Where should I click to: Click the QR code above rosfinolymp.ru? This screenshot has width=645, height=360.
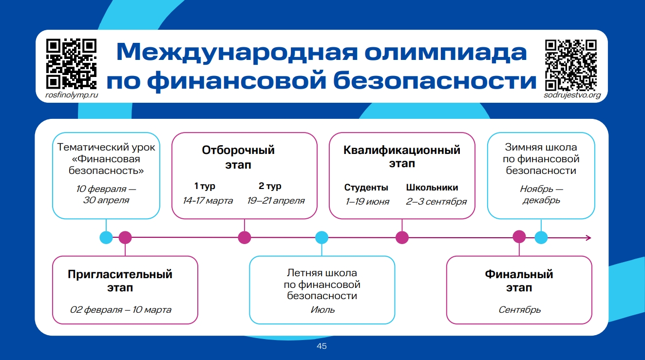coord(71,63)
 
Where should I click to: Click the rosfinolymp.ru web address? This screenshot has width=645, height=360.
coord(71,95)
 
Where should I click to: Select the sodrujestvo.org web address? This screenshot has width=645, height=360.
coord(572,95)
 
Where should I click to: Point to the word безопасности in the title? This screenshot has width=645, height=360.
coord(431,81)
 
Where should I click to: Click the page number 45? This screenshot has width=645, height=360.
coord(322,346)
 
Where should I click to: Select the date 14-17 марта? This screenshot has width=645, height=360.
coord(208,201)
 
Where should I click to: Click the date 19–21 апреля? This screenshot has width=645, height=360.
coord(276,201)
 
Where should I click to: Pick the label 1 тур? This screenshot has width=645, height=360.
coord(205,186)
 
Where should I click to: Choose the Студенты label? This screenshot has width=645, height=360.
coord(366,188)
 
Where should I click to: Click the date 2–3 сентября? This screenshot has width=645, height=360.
coord(436,202)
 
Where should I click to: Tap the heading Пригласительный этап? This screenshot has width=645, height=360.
coord(120,281)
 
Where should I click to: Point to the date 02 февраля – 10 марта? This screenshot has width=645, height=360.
coord(121,310)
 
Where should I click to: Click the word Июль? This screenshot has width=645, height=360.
coord(322,309)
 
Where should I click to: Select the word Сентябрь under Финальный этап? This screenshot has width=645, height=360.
coord(519,310)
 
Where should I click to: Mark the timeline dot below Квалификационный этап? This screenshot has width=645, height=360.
coord(402,238)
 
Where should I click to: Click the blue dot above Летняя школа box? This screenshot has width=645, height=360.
coord(322,238)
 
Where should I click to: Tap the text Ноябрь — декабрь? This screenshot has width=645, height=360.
coord(541,194)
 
